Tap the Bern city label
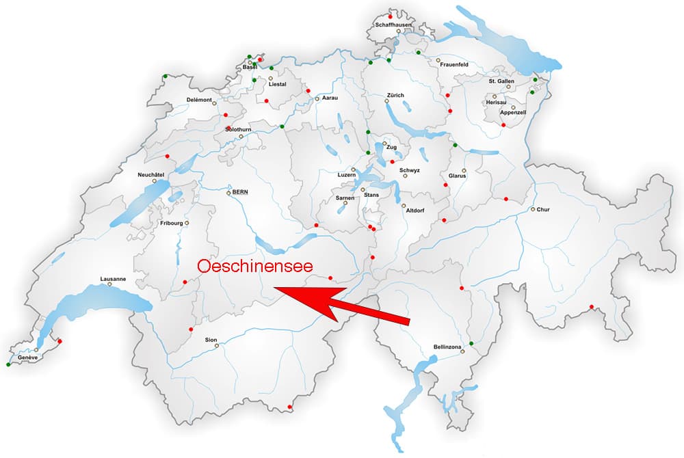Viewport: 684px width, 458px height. [240, 193]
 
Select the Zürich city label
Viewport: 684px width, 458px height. [395, 95]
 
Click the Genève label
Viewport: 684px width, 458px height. [28, 358]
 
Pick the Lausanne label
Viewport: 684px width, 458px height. [113, 278]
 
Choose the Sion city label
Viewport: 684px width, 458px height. [211, 339]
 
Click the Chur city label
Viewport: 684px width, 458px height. [543, 209]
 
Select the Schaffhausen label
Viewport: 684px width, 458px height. [393, 25]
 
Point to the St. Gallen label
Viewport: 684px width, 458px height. [501, 81]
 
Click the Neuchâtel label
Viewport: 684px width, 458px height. [151, 174]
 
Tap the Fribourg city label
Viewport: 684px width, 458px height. [171, 223]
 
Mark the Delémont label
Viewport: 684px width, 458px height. [199, 100]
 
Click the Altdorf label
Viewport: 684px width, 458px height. [416, 211]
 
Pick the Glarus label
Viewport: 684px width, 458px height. [457, 176]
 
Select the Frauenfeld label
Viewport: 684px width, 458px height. [454, 64]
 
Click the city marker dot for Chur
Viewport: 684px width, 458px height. [533, 209]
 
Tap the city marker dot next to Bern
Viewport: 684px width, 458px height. [229, 193]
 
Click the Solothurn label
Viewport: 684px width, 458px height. [239, 129]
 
